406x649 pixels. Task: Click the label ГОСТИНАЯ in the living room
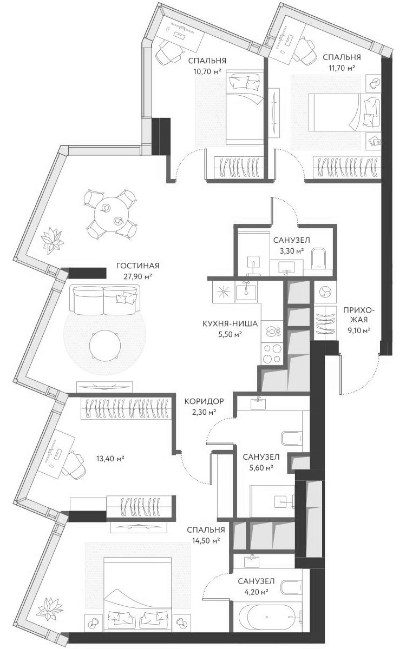[137, 266]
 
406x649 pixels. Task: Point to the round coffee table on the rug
[104, 344]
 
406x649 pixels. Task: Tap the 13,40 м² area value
[110, 459]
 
